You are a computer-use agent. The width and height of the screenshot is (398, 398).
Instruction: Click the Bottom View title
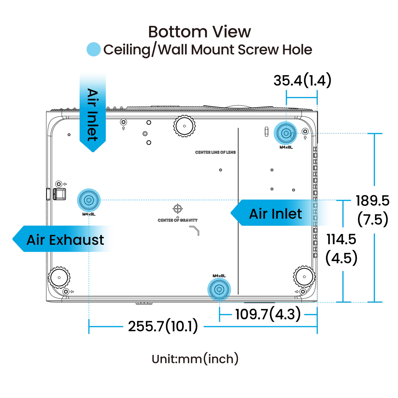[x=199, y=32]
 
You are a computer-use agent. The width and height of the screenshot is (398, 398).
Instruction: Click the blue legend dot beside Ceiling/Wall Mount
[x=93, y=50]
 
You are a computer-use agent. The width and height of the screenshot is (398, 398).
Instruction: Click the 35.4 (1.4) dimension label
[x=302, y=81]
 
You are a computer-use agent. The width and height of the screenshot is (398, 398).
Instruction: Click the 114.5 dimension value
[x=341, y=239]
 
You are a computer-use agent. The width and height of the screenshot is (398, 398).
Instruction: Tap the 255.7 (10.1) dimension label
[x=163, y=326]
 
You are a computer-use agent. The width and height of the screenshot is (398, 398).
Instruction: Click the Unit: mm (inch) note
[x=195, y=359]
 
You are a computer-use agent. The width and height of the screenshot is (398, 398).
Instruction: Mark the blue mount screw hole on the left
[x=89, y=200]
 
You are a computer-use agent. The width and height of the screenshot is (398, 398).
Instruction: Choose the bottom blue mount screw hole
[x=219, y=289]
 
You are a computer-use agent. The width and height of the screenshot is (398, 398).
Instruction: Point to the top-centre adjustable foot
[x=184, y=126]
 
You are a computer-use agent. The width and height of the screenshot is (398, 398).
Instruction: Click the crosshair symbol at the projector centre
[x=177, y=209]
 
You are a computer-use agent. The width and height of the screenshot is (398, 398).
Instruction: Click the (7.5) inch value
[x=373, y=220]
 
